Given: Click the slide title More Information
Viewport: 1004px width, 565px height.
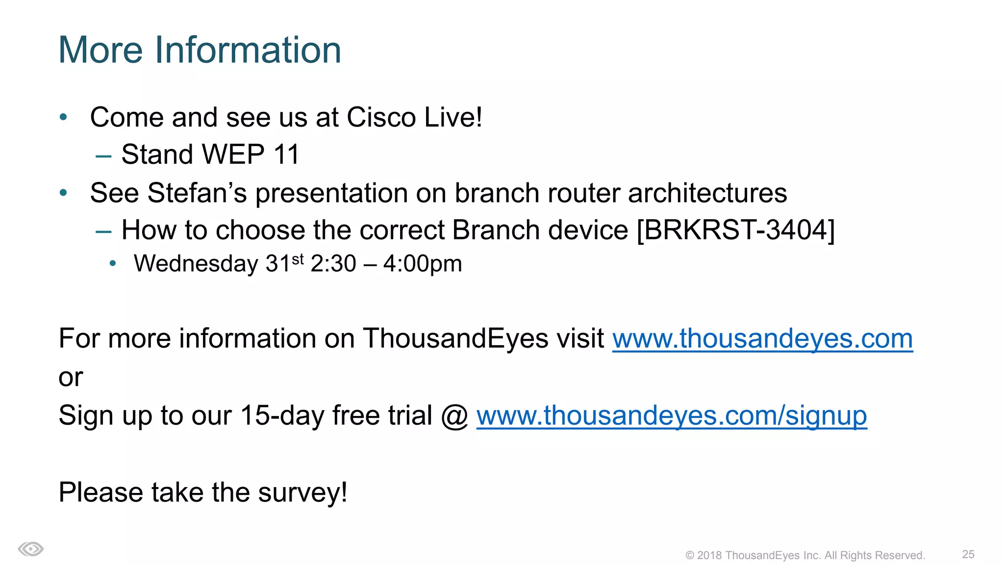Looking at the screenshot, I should (200, 50).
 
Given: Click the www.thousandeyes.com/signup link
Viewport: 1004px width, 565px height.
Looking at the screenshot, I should (671, 416).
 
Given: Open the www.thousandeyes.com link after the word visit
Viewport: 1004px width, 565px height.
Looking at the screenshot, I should (762, 339).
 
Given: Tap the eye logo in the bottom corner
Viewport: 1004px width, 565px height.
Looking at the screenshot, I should (31, 549).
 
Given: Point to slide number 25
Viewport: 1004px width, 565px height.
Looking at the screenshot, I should (968, 554).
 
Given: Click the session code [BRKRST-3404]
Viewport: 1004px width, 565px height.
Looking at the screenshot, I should (735, 230).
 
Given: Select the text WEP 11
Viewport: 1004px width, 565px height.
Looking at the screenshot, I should (250, 154).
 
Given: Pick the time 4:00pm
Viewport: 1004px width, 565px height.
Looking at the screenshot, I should (422, 264).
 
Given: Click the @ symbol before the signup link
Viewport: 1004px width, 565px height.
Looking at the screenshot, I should (454, 416).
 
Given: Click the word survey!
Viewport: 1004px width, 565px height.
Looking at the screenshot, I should (302, 492).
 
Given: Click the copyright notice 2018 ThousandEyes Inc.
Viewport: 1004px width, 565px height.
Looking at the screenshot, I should (804, 555).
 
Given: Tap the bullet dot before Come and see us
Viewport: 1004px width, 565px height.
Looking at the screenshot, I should (63, 117).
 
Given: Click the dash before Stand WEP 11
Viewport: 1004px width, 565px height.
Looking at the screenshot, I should (103, 156).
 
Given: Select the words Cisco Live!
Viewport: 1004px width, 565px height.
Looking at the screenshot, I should (414, 118).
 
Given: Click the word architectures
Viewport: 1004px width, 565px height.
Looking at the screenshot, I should (707, 193).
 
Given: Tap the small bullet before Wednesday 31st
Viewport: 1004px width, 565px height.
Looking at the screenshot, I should (113, 264).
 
